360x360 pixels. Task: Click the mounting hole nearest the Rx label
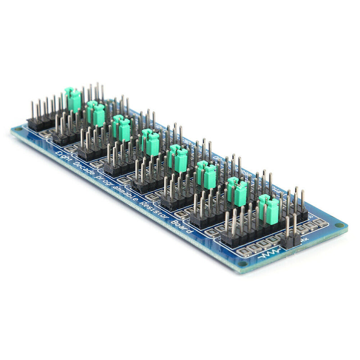click(340, 225)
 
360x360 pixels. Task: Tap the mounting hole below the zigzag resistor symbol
click(243, 264)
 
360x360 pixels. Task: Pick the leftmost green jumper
click(73, 100)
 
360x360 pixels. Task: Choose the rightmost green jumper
click(269, 211)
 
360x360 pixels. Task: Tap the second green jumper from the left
click(96, 113)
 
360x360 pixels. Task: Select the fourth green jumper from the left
click(150, 143)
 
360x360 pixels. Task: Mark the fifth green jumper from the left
click(179, 158)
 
